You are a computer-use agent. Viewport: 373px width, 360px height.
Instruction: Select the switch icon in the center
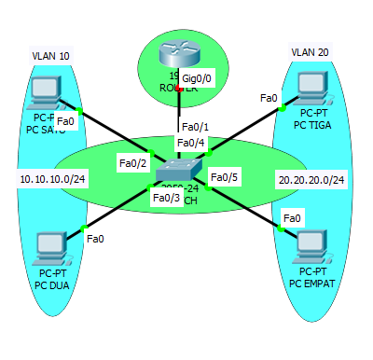(x=178, y=169)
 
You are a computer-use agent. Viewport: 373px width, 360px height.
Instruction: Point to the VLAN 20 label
(x=310, y=51)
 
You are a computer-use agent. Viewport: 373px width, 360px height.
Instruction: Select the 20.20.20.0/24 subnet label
(x=311, y=178)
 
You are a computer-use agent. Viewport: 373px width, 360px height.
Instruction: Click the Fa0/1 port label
(x=195, y=126)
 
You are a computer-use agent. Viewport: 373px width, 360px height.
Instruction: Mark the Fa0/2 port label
(x=132, y=164)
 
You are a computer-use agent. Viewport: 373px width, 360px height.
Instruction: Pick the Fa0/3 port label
(x=166, y=197)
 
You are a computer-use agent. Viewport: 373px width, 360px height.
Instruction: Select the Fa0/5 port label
(x=225, y=177)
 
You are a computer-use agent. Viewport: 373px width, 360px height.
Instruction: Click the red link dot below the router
(x=178, y=90)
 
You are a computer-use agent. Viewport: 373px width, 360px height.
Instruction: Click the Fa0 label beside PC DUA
(x=94, y=239)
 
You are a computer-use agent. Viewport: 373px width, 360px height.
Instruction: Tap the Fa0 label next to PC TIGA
(x=269, y=98)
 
